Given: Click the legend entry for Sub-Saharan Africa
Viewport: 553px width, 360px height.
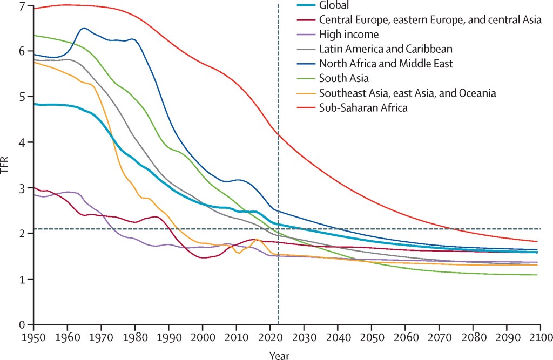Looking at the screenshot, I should coord(363,108).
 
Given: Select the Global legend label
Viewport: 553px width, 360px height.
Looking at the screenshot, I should coord(334,5).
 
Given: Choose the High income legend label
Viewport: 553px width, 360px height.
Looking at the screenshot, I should coord(349,35).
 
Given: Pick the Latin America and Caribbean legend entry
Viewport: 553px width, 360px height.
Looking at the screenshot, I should coord(386,49).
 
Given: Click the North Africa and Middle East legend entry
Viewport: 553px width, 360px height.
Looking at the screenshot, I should coord(386,64).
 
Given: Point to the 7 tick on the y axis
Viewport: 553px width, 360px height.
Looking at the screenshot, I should coord(22,6).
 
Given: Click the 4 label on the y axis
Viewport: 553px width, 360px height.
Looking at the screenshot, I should coord(22,142).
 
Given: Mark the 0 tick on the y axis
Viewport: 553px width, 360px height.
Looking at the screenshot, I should coord(22,324).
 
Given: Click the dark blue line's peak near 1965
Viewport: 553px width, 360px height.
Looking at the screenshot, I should coord(84,28).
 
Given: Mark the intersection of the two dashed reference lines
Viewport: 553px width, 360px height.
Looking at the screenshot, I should coord(278,229).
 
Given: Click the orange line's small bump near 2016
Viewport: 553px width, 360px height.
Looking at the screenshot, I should coord(257,239).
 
